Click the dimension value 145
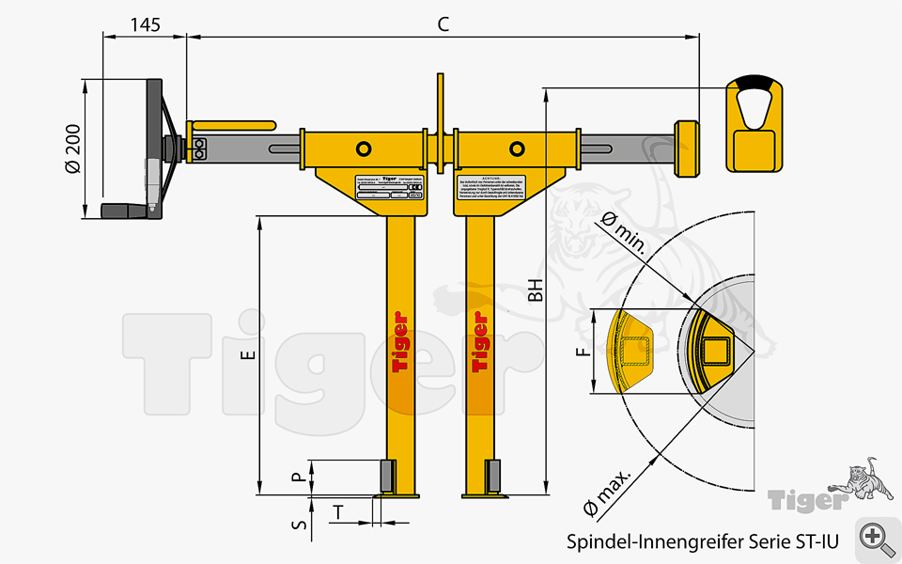pos(145,25)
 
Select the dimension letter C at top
pos(443,25)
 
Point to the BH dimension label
pos(535,290)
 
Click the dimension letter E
pos(248,354)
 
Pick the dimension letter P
pos(299,478)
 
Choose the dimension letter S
pos(299,525)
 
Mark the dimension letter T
pos(338,511)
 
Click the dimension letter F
pos(583,352)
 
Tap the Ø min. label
pos(623,235)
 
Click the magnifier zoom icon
pos(877,538)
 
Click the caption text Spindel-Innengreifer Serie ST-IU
pos(702,542)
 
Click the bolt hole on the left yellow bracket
pos(364,149)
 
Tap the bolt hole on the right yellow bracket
pos(517,149)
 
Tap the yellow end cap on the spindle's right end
pos(687,149)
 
